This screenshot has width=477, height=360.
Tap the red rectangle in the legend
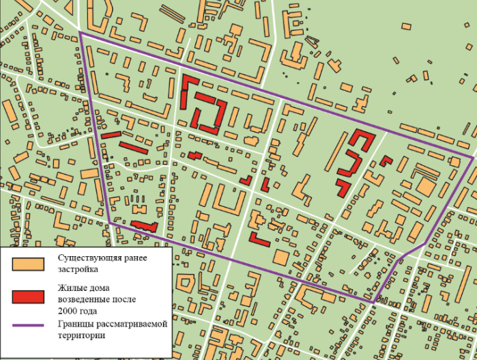tap(28, 296)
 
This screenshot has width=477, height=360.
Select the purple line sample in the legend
tap(28, 324)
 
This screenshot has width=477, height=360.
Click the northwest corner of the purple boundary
tap(81, 33)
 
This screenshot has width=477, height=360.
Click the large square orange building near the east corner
tap(425, 186)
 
